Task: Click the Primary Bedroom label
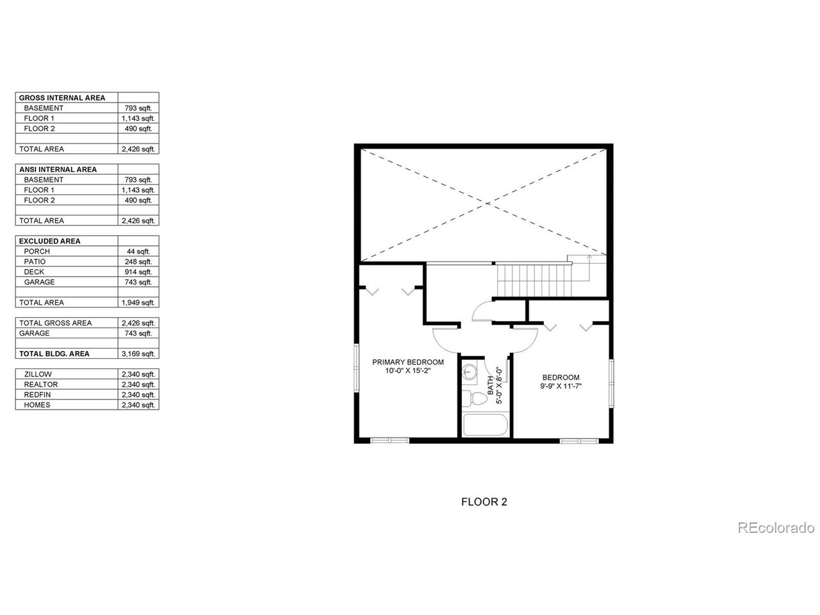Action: tap(408, 362)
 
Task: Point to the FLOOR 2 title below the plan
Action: tap(484, 502)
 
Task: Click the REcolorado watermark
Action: tap(776, 528)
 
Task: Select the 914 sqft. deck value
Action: tap(138, 272)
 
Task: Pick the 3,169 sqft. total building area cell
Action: tap(138, 354)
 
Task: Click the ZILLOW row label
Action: tap(38, 374)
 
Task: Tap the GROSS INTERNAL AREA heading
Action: tap(62, 98)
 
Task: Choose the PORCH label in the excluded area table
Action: tap(37, 251)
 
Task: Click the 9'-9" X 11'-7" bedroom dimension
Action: tap(561, 386)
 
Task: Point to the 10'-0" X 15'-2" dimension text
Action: tap(408, 371)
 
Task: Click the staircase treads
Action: tap(534, 280)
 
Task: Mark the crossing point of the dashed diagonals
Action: tap(487, 204)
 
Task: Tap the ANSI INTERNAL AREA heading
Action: tap(58, 170)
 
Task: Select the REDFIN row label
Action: tap(37, 395)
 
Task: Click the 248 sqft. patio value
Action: tap(138, 262)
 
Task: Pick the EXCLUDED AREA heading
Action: tap(50, 242)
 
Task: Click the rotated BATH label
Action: tap(491, 386)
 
